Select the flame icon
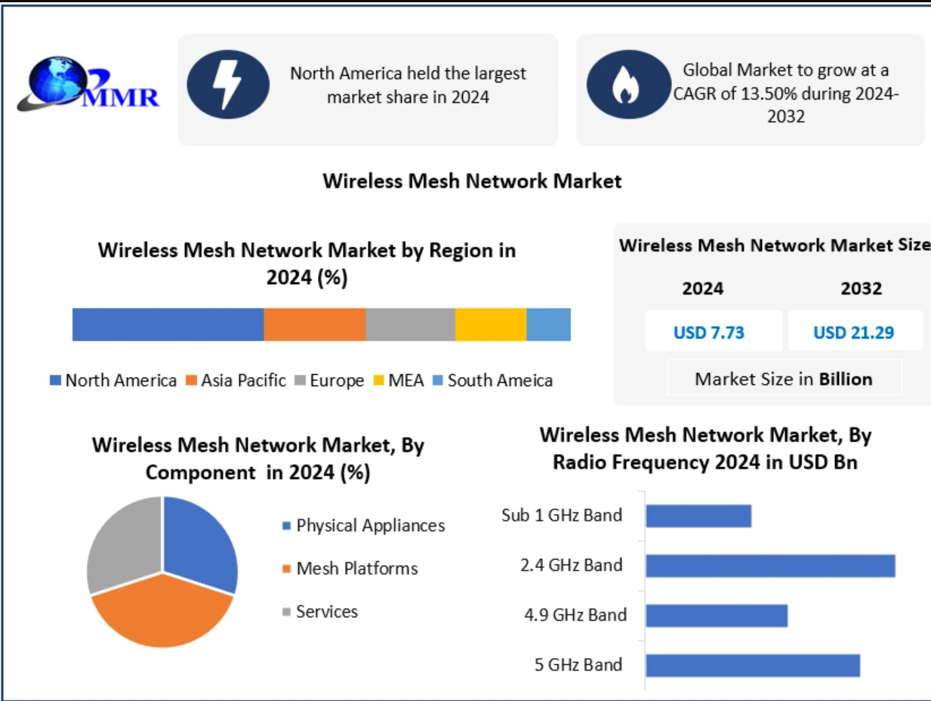(626, 85)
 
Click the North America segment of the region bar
(168, 325)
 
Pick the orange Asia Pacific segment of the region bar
(314, 325)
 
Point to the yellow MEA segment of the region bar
(490, 325)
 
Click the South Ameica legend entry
(492, 381)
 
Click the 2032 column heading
(861, 289)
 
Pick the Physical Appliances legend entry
(363, 525)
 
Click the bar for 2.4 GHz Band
(770, 566)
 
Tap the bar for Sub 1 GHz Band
(698, 516)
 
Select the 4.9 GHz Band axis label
(575, 615)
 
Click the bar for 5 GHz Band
(753, 665)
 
